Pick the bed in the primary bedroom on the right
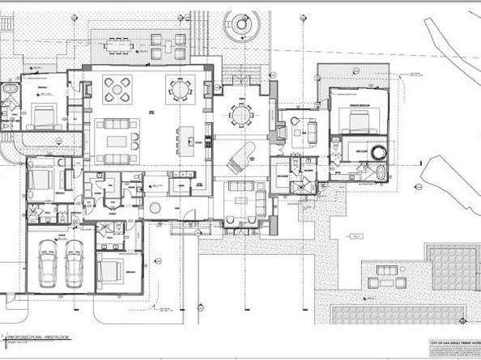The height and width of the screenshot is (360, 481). [x=359, y=123]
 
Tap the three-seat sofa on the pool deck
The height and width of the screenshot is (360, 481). [x=396, y=284]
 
